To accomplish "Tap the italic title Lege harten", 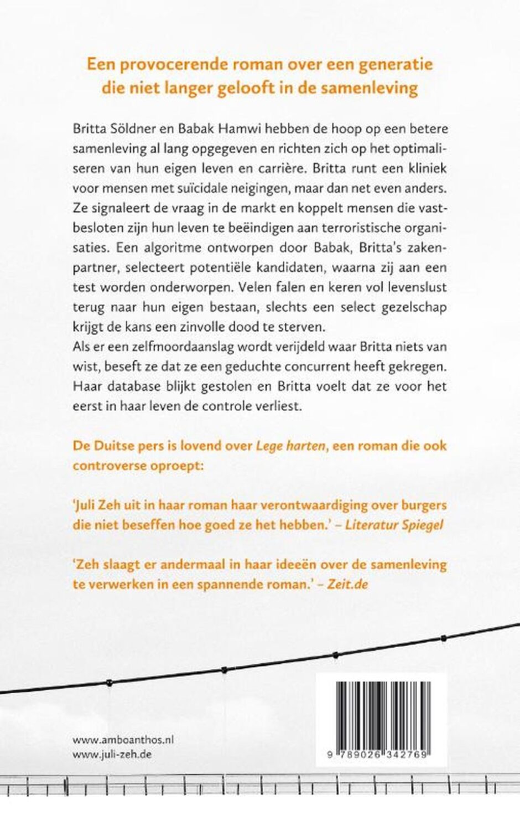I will tap(290, 446).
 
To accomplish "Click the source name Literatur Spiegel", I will tap(394, 525).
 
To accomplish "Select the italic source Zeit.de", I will tap(347, 584).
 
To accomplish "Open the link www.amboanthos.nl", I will tap(123, 739).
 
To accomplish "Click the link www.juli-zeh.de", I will tap(112, 754).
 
